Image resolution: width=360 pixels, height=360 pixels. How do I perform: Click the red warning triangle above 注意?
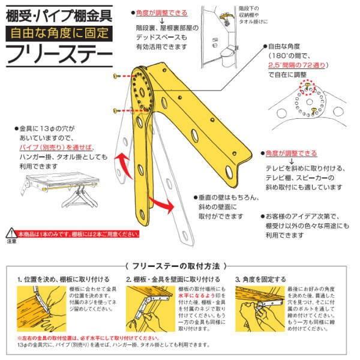(x=11, y=232)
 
